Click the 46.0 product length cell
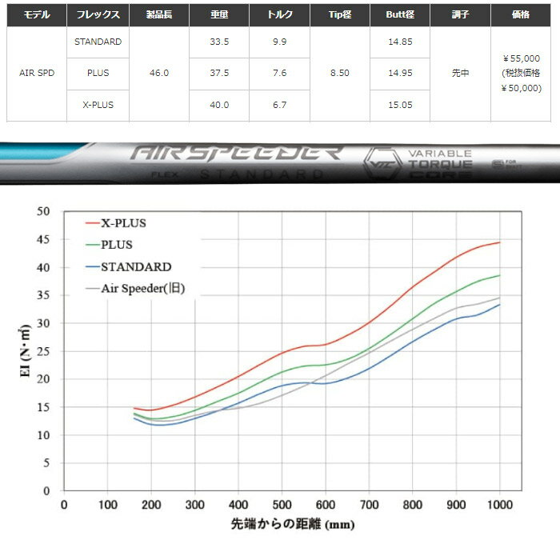[158, 73]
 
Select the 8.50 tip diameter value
[340, 73]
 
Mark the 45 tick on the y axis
[44, 239]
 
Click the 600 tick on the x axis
[326, 503]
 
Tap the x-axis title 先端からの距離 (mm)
[282, 525]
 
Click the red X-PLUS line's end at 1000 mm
[499, 242]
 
